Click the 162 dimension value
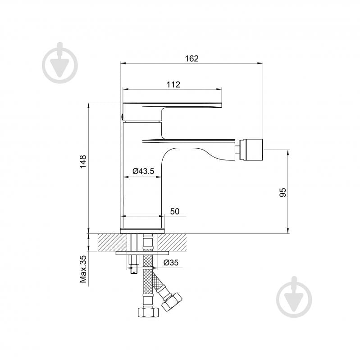(x=191, y=59)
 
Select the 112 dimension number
(x=173, y=84)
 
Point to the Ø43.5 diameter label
(x=143, y=171)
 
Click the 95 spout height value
(x=283, y=192)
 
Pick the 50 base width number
(x=175, y=211)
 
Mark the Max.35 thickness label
(x=83, y=269)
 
